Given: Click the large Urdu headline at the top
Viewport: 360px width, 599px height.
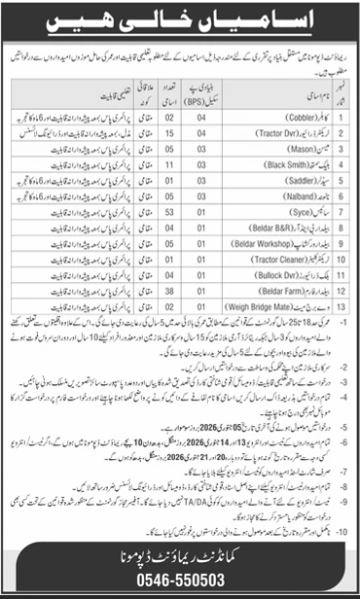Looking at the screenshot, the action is coord(180,21).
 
